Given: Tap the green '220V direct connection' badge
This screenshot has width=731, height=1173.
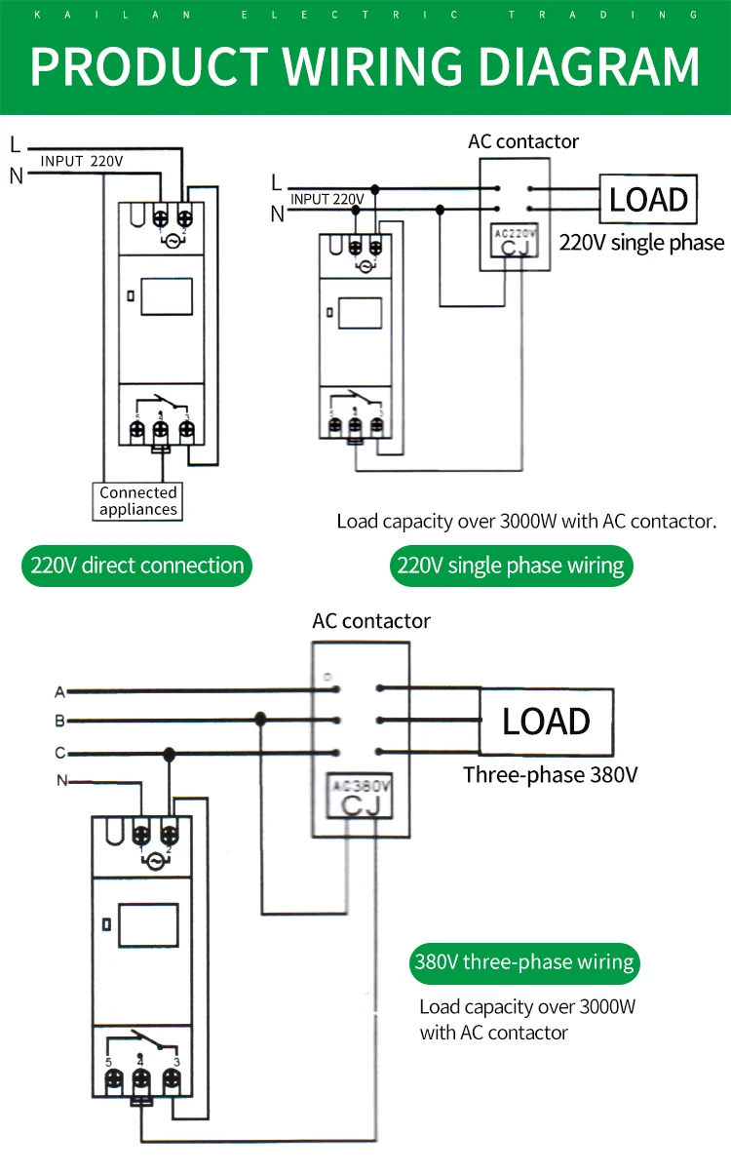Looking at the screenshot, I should pyautogui.click(x=136, y=566).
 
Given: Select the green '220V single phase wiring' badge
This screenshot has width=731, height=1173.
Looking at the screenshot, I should pyautogui.click(x=511, y=566).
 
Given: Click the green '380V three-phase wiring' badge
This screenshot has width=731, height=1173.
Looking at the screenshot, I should pyautogui.click(x=524, y=962).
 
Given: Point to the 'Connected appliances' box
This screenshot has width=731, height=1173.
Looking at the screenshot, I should pyautogui.click(x=138, y=501).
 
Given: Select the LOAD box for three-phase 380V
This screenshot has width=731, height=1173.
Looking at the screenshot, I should pyautogui.click(x=546, y=722).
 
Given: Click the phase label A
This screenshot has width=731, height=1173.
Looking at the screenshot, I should pyautogui.click(x=59, y=691).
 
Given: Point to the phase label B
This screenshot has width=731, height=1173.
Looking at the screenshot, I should pyautogui.click(x=59, y=722).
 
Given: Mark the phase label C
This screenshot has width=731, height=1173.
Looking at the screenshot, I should pyautogui.click(x=59, y=753).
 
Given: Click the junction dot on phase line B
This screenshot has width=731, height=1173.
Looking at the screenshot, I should pyautogui.click(x=260, y=721).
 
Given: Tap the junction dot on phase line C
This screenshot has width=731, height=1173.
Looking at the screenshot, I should pyautogui.click(x=169, y=754).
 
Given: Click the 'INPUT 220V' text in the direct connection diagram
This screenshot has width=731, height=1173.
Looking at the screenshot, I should pyautogui.click(x=82, y=161).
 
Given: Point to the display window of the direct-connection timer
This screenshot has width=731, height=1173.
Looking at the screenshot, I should pyautogui.click(x=167, y=296).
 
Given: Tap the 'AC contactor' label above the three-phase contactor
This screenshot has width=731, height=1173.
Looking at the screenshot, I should pyautogui.click(x=370, y=621).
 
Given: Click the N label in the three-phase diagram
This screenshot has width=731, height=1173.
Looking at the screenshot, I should pyautogui.click(x=62, y=781).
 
